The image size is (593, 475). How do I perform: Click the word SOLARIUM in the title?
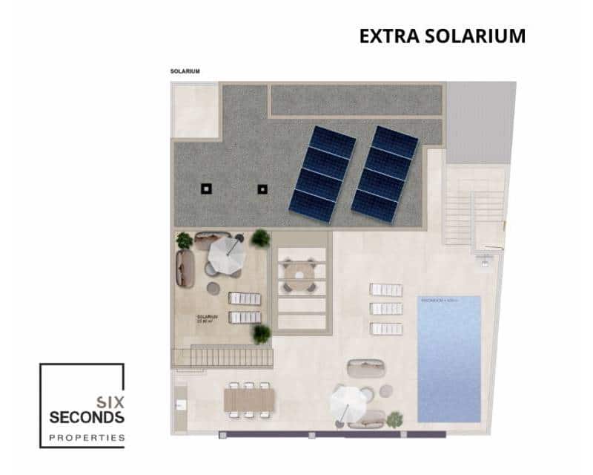coord(474,36)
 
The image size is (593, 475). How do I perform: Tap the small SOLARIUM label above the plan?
coord(185,72)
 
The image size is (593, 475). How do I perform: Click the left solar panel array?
coord(322,174)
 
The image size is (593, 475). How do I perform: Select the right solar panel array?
coord(385,174)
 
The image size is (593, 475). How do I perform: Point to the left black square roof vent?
coord(206,189)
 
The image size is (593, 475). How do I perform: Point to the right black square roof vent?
coord(262,189)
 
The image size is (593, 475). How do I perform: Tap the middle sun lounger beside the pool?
coord(385,309)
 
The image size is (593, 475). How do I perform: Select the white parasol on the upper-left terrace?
coord(227,255)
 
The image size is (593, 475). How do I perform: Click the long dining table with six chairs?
coord(249,399)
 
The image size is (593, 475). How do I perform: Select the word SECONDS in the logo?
coord(87,418)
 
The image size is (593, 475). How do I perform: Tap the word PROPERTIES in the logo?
coord(87,438)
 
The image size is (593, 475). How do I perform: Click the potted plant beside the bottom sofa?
coord(394,419)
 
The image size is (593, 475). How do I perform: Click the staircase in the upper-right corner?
coord(474,215)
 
